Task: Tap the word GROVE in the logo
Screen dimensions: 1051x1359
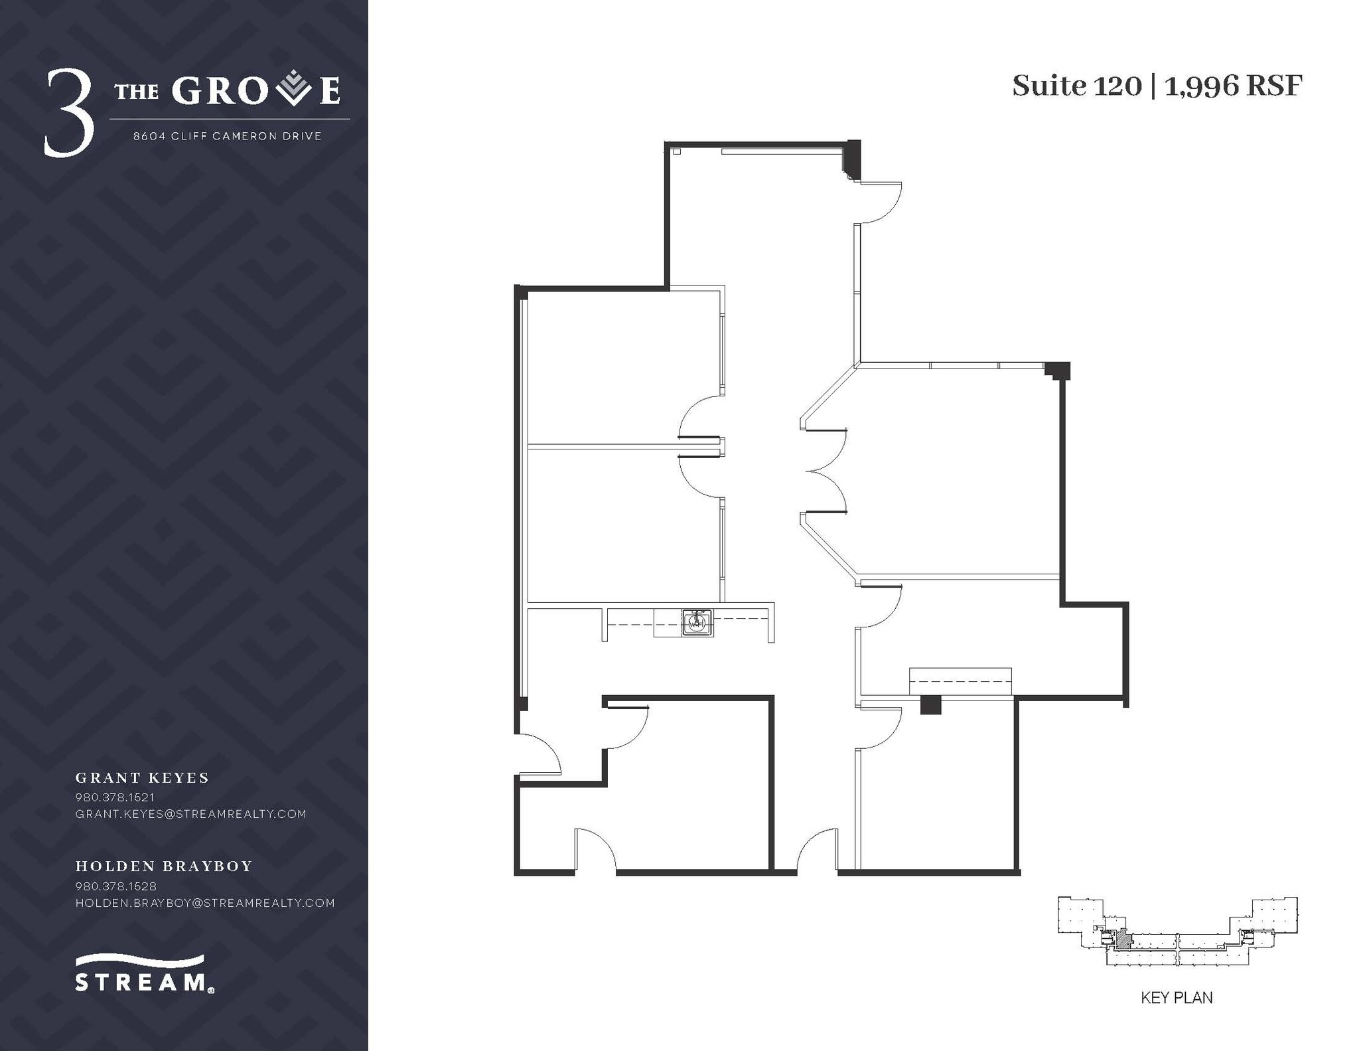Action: [x=256, y=92]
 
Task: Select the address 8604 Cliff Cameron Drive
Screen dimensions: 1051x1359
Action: [x=228, y=136]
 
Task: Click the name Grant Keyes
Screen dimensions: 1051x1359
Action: [x=142, y=777]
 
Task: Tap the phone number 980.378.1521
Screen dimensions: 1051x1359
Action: [x=115, y=797]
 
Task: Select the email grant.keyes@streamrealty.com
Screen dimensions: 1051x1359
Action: [x=191, y=813]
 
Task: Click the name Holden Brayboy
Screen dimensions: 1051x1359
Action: [x=164, y=866]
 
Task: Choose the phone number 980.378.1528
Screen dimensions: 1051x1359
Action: [x=115, y=886]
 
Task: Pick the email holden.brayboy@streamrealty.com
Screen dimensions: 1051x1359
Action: [x=205, y=902]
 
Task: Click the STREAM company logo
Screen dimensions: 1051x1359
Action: [x=142, y=973]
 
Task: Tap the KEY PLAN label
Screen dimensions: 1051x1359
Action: [x=1176, y=1016]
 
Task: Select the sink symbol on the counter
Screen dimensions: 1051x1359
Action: [x=697, y=623]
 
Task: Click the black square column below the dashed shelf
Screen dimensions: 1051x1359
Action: [x=930, y=704]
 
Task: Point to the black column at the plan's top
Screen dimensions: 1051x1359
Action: [x=852, y=159]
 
